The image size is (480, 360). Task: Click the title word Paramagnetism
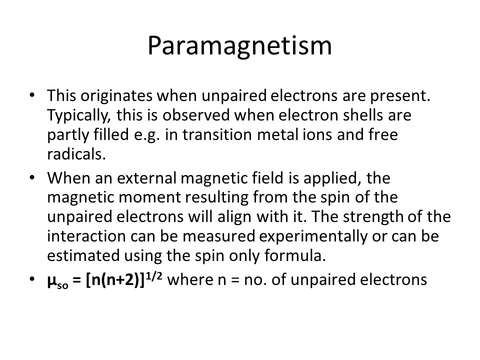239,46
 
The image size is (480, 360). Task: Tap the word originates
116,96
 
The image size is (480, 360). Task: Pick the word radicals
76,154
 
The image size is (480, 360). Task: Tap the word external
146,178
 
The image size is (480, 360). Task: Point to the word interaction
86,236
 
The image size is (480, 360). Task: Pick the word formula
295,255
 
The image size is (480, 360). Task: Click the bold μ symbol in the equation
51,280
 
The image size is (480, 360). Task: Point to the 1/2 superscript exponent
154,276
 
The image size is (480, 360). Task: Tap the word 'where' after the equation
190,280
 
